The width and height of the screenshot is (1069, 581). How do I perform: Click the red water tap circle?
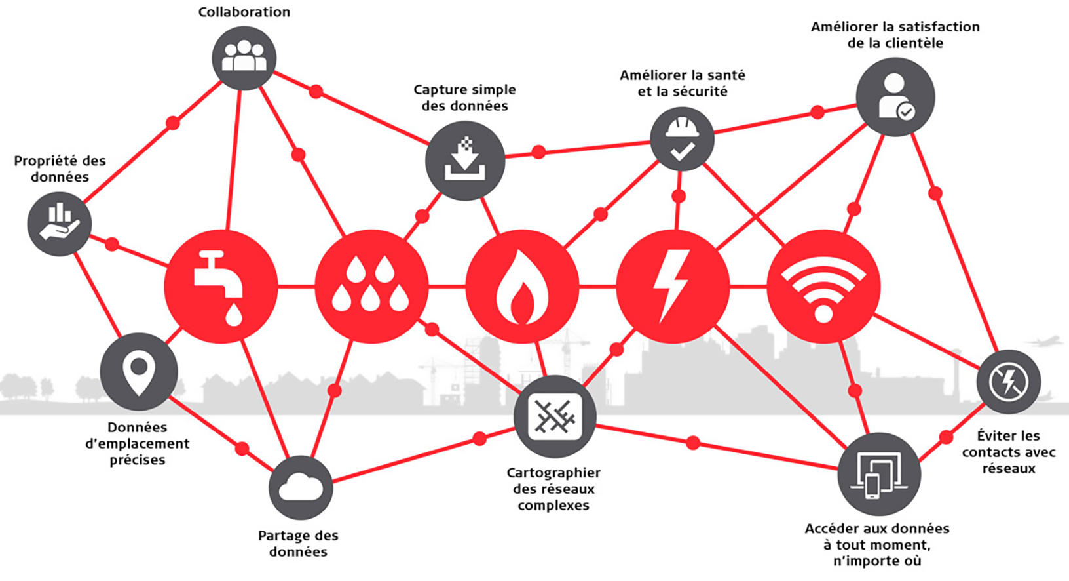click(221, 287)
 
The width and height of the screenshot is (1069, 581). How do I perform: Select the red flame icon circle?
click(522, 287)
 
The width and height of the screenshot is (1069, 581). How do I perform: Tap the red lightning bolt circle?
click(673, 287)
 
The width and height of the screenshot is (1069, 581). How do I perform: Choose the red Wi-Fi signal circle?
click(823, 287)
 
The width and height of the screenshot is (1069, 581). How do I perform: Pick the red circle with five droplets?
click(371, 287)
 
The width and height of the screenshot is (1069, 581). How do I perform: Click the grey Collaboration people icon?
click(244, 58)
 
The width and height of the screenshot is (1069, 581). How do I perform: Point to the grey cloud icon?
click(301, 488)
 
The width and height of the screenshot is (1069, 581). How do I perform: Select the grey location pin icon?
click(139, 372)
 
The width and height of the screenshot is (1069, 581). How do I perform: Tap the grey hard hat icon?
click(682, 139)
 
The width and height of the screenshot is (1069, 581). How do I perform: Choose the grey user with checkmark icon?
click(895, 97)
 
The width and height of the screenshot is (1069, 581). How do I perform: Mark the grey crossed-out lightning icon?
click(1009, 382)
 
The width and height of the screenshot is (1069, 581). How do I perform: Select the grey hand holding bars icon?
click(59, 224)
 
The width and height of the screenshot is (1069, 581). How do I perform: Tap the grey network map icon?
click(555, 416)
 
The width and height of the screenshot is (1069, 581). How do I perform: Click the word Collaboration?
click(244, 12)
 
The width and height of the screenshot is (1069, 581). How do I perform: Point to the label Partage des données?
click(298, 543)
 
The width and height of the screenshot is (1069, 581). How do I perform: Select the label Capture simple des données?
click(465, 97)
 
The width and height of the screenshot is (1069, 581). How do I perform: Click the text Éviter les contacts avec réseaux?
click(1009, 452)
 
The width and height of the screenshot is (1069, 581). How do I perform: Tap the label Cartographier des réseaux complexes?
click(553, 489)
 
